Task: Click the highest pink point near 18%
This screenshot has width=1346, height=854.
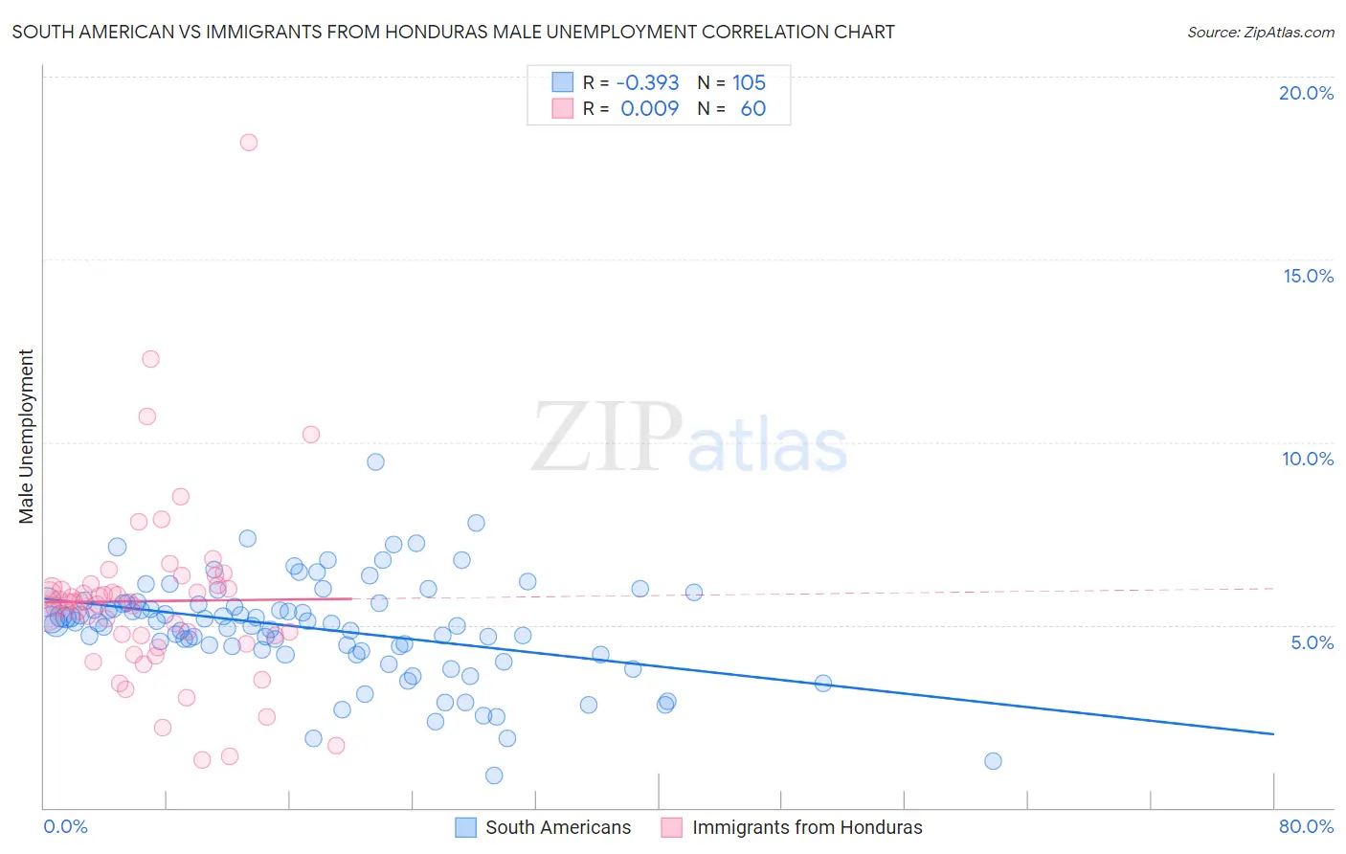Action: coord(249,143)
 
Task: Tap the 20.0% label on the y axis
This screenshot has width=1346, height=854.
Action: coord(1306,93)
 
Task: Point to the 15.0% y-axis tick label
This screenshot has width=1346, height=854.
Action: coord(1308,276)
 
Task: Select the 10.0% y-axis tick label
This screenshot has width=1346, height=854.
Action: coord(1308,459)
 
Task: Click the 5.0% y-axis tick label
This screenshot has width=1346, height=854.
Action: coord(1312,642)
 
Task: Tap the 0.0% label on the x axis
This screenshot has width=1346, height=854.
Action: coord(65,826)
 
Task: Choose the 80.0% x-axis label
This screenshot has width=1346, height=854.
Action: coord(1306,826)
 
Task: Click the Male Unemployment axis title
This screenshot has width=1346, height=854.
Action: coord(26,437)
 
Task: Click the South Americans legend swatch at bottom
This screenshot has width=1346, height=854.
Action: coord(465,827)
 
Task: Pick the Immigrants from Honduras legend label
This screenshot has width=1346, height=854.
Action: coord(807,827)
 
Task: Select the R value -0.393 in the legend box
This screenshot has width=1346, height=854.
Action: coord(647,83)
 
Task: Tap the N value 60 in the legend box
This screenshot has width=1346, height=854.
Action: coord(752,109)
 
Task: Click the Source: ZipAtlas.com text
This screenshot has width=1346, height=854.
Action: coord(1260,32)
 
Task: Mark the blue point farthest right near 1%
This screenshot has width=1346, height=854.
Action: coord(993,761)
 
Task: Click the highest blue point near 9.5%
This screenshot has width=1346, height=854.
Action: coord(375,461)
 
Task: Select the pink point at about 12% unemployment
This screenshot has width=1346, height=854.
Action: coord(150,359)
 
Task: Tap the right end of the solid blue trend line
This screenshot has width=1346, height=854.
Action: coord(1273,733)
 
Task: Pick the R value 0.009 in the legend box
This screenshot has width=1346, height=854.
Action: coord(649,109)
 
